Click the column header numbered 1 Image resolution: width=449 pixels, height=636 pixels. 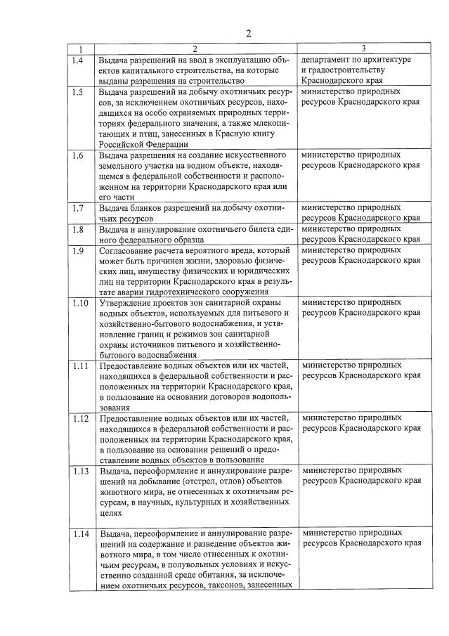[81, 49]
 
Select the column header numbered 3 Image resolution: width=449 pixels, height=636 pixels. [363, 49]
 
